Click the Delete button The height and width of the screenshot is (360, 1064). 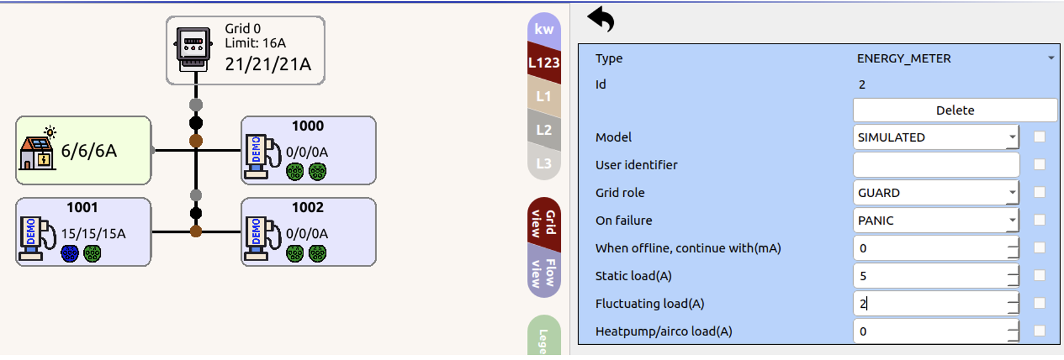tap(954, 110)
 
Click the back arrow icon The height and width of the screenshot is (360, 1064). tap(601, 19)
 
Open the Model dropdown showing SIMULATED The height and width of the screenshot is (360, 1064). tap(936, 137)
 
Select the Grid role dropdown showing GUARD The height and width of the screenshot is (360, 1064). tap(936, 193)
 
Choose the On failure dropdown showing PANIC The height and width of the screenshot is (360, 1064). tap(936, 220)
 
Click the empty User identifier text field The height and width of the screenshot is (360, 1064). tap(936, 165)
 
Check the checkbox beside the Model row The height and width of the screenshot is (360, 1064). tap(1039, 137)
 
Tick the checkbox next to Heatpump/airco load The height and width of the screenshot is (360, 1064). tap(1039, 331)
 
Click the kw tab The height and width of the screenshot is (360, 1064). tap(543, 29)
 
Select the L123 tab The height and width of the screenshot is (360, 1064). tap(543, 63)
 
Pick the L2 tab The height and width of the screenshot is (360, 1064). tap(543, 130)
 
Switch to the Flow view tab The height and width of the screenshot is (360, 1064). tap(543, 273)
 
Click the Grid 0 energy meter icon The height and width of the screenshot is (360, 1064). tap(193, 48)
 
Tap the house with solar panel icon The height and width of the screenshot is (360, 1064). tap(38, 149)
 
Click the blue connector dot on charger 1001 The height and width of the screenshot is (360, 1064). tap(70, 254)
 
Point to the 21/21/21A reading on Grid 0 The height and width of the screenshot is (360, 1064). tap(268, 64)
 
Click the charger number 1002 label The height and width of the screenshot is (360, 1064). tap(307, 208)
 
